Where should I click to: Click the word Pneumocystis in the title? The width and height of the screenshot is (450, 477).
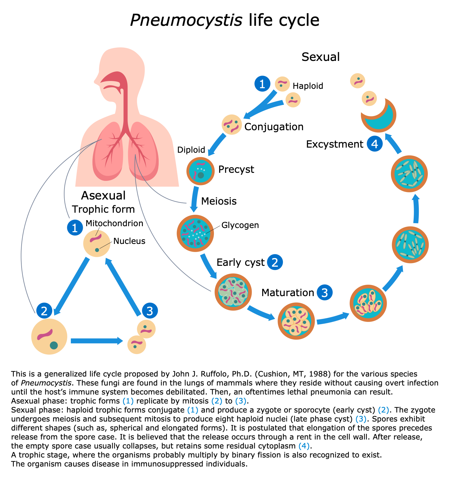(x=186, y=20)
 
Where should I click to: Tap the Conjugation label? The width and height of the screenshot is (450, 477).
(x=274, y=127)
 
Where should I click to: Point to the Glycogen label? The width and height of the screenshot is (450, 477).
(x=240, y=225)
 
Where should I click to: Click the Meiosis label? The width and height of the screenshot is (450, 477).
(x=219, y=201)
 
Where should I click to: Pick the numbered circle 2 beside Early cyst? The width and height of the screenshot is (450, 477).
(x=274, y=262)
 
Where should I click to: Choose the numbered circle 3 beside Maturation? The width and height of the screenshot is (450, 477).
(x=325, y=292)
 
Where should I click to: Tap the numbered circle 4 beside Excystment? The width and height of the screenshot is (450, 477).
(x=375, y=144)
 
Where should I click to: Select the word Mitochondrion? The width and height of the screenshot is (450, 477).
(x=114, y=223)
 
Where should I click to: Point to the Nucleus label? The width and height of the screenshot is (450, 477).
(x=129, y=241)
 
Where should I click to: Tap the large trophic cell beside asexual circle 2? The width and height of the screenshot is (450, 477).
(x=49, y=336)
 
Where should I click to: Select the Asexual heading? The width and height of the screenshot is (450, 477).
(x=103, y=196)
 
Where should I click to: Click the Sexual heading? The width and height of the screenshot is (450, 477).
(x=320, y=57)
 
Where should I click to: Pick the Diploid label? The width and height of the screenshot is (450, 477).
(x=191, y=150)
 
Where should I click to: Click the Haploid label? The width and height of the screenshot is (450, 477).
(x=308, y=86)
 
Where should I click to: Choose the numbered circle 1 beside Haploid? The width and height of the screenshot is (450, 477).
(x=262, y=84)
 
